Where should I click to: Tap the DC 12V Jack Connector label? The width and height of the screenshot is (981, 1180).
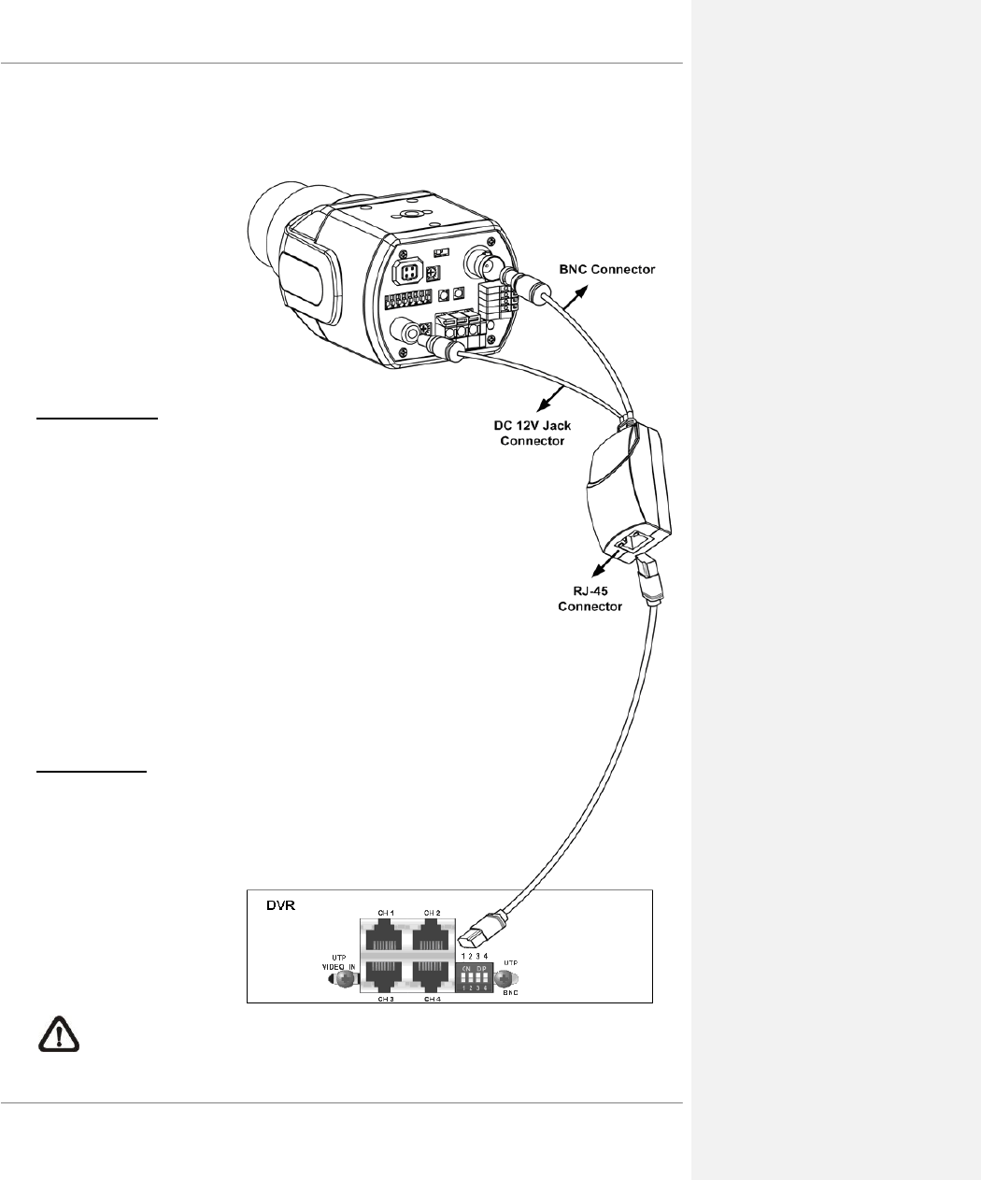click(x=533, y=433)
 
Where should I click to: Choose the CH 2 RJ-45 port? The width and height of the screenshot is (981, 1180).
click(x=432, y=935)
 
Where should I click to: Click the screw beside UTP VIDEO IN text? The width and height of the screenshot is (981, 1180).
click(x=344, y=979)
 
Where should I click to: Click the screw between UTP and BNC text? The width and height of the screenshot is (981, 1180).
click(x=508, y=978)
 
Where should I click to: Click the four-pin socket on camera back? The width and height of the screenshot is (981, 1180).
click(x=408, y=272)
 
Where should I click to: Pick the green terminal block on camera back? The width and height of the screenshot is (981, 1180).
click(x=462, y=330)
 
